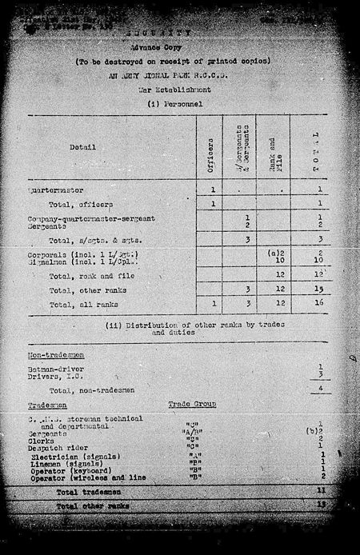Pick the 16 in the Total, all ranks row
[319, 305]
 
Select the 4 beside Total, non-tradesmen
[319, 390]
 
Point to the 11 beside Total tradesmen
[319, 489]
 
